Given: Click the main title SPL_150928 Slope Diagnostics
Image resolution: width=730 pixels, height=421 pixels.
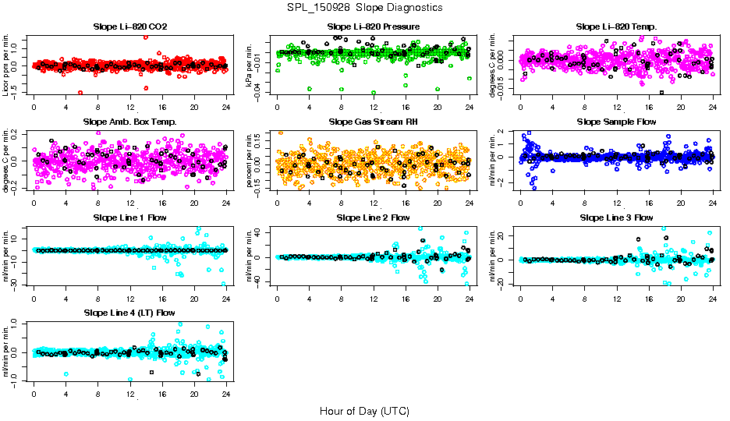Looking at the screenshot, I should tap(364, 8).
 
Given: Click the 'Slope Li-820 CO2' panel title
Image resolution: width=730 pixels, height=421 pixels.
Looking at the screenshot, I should tap(129, 27).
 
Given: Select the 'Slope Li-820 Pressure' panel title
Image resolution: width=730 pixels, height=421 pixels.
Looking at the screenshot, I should tap(373, 27).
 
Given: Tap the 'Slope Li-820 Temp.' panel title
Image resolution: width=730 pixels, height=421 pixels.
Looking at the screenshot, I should tap(616, 27).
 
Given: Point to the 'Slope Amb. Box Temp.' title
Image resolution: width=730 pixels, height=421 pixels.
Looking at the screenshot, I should tap(129, 122).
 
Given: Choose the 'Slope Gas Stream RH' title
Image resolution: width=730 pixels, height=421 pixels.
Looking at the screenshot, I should tap(373, 122).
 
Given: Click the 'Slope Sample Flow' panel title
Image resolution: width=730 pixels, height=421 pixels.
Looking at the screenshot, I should tap(616, 122).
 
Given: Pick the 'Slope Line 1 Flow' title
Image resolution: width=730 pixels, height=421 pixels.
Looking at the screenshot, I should tap(129, 218).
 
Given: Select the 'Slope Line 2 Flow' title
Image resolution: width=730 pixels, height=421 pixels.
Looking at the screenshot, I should tap(373, 218).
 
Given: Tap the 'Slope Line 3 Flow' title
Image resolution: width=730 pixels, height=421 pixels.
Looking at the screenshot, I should tap(616, 218).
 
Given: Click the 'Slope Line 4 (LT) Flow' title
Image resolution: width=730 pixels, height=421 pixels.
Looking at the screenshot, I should tap(129, 313).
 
